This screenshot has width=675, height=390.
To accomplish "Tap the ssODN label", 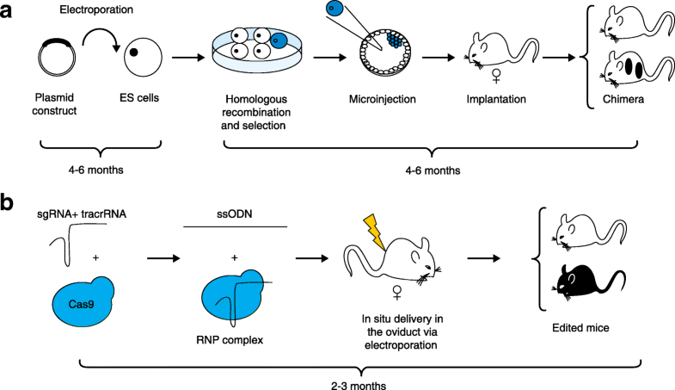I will (235, 215).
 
